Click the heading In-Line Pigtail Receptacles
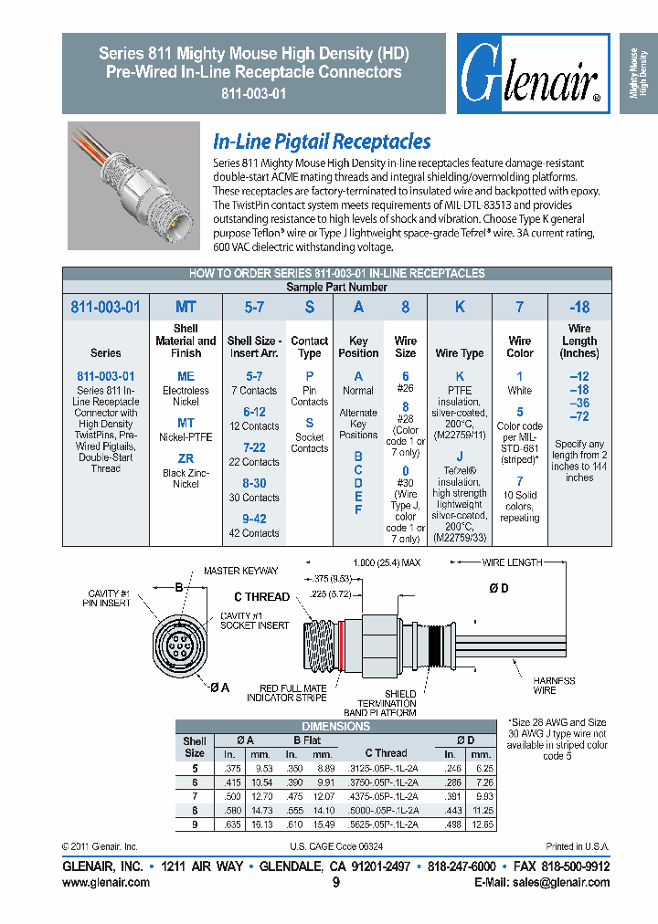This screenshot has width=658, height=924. point(322,142)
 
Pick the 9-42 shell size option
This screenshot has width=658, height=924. point(254,519)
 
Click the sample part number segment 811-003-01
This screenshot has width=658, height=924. point(105,308)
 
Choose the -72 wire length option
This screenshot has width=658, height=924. point(578,416)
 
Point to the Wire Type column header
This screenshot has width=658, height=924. point(460,352)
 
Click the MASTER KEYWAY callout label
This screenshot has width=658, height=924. point(240,571)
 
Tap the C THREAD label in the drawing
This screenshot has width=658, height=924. point(261,596)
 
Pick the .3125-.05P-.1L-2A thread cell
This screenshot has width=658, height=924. point(386,769)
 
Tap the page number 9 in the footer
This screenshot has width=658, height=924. point(335,883)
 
